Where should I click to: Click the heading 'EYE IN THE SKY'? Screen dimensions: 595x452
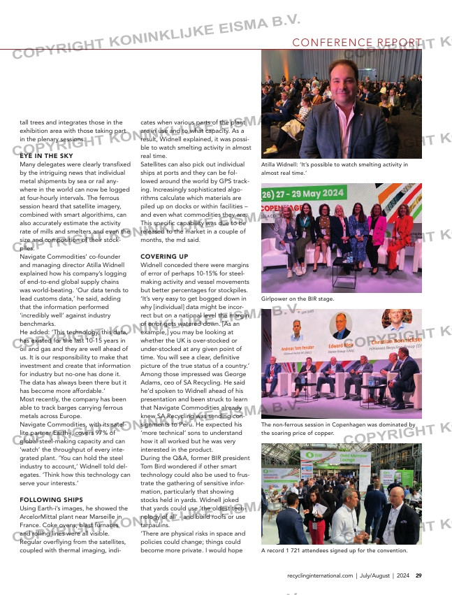45,155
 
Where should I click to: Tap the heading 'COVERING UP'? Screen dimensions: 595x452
163,257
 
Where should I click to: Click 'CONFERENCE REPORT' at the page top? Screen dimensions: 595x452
353,43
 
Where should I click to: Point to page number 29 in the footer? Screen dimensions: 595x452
418,575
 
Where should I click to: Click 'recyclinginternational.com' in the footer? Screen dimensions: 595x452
320,575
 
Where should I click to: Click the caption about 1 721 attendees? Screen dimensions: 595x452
334,550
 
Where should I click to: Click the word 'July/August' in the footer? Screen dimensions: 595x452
375,575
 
